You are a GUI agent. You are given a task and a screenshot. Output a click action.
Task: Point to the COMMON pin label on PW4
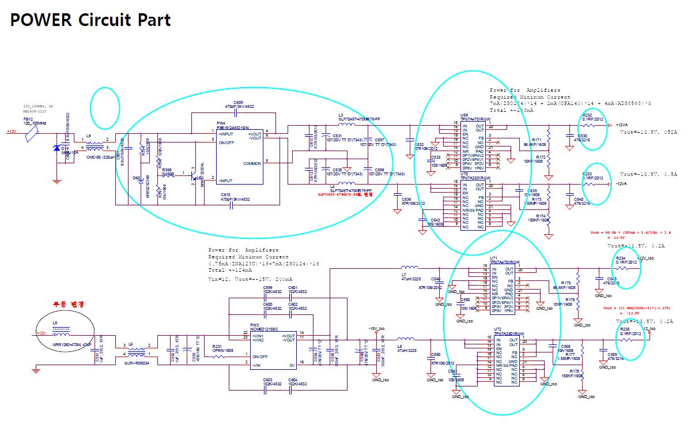(x=251, y=163)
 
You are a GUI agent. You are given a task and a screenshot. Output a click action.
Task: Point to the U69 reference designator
(x=464, y=115)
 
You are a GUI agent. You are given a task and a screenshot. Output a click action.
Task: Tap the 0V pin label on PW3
(x=292, y=365)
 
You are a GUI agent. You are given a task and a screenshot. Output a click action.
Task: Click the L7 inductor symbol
(x=409, y=268)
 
